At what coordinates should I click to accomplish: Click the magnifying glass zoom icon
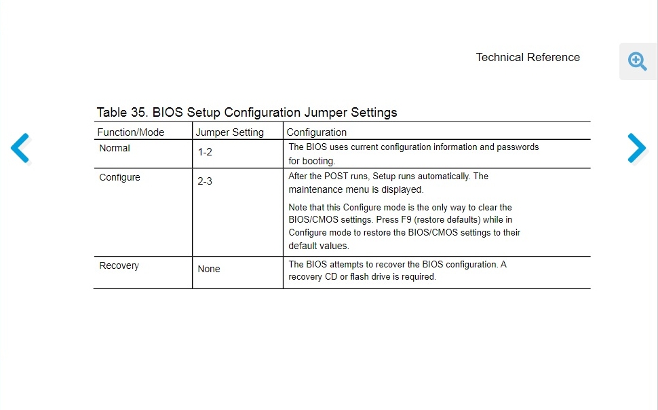tap(638, 62)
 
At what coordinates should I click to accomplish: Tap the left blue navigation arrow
tap(20, 148)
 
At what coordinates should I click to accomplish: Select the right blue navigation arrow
tap(636, 148)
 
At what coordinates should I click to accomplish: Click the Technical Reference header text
tap(528, 58)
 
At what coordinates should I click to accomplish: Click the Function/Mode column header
tap(131, 132)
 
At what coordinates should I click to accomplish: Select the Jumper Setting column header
tap(229, 132)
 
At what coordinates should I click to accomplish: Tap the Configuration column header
tap(316, 132)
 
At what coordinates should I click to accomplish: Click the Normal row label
tap(115, 148)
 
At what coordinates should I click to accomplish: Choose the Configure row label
tap(119, 177)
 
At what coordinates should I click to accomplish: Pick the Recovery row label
tap(119, 265)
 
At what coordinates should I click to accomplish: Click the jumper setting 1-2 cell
tap(205, 152)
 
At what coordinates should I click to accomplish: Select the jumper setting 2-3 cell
tap(205, 181)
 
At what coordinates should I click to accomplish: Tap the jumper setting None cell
tap(209, 269)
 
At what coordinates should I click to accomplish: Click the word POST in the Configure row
tap(336, 176)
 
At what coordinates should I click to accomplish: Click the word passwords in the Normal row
tap(518, 147)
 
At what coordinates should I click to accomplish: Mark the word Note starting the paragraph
tap(299, 208)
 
